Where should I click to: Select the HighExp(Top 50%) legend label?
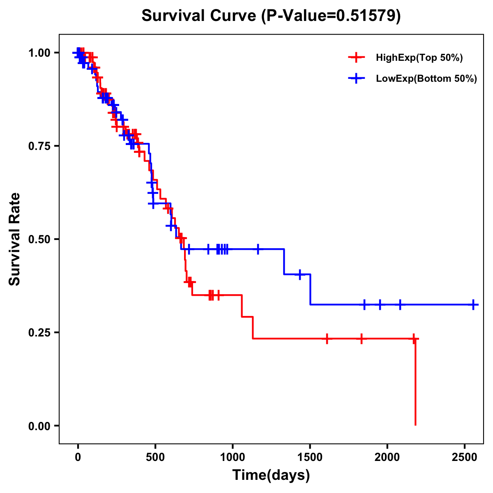tap(419, 58)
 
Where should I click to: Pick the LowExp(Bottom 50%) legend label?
tap(426, 79)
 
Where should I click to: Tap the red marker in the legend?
tap(356, 58)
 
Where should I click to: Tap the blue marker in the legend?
tap(356, 79)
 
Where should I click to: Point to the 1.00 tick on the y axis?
tap(39, 53)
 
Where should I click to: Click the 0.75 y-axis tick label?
tap(39, 146)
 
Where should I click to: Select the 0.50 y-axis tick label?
tap(39, 239)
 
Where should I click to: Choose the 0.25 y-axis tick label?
tap(39, 332)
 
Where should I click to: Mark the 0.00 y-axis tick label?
tap(39, 426)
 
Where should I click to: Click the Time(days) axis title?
tap(271, 475)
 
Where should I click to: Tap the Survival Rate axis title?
tap(15, 239)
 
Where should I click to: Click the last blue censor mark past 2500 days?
tap(473, 305)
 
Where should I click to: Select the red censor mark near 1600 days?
tap(327, 339)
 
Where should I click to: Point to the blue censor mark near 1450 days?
tap(300, 274)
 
